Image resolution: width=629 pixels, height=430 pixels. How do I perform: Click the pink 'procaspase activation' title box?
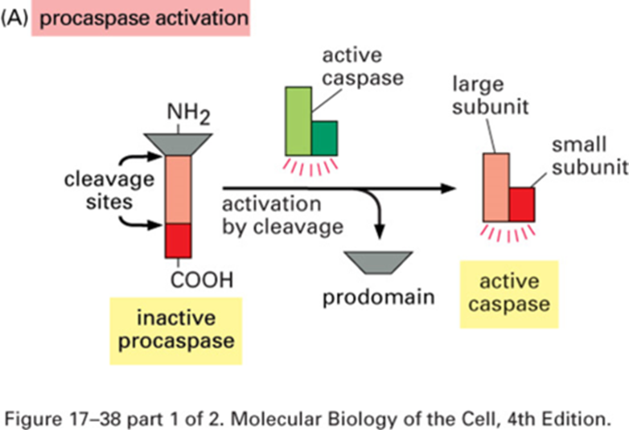141,18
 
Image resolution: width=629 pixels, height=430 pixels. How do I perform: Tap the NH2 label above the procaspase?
188,113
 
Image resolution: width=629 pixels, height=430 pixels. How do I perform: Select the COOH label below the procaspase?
202,280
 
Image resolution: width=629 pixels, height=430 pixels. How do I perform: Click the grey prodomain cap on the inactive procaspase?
178,144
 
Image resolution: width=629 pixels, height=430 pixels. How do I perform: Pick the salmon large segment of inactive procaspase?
178,189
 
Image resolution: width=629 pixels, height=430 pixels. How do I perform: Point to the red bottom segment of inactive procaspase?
178,240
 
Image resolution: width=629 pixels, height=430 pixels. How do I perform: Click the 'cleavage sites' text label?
109,190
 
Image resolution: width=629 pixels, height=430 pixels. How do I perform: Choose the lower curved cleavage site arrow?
138,222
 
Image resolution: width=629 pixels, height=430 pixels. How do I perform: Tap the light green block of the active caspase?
298,121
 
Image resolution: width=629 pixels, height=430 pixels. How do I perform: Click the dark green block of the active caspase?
324,138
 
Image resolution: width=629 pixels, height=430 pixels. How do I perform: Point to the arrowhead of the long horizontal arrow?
449,188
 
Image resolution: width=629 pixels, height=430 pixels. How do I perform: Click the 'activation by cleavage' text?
283,215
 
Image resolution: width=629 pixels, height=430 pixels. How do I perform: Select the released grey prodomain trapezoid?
379,263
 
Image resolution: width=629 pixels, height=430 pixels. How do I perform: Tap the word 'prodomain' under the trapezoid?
379,297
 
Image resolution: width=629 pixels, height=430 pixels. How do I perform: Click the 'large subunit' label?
490,96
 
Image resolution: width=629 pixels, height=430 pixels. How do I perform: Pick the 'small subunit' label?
590,156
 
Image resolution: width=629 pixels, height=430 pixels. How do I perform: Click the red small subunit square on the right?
522,204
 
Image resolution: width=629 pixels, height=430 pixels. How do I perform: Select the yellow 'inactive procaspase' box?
176,330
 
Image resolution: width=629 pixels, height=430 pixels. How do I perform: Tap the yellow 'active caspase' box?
509,294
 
